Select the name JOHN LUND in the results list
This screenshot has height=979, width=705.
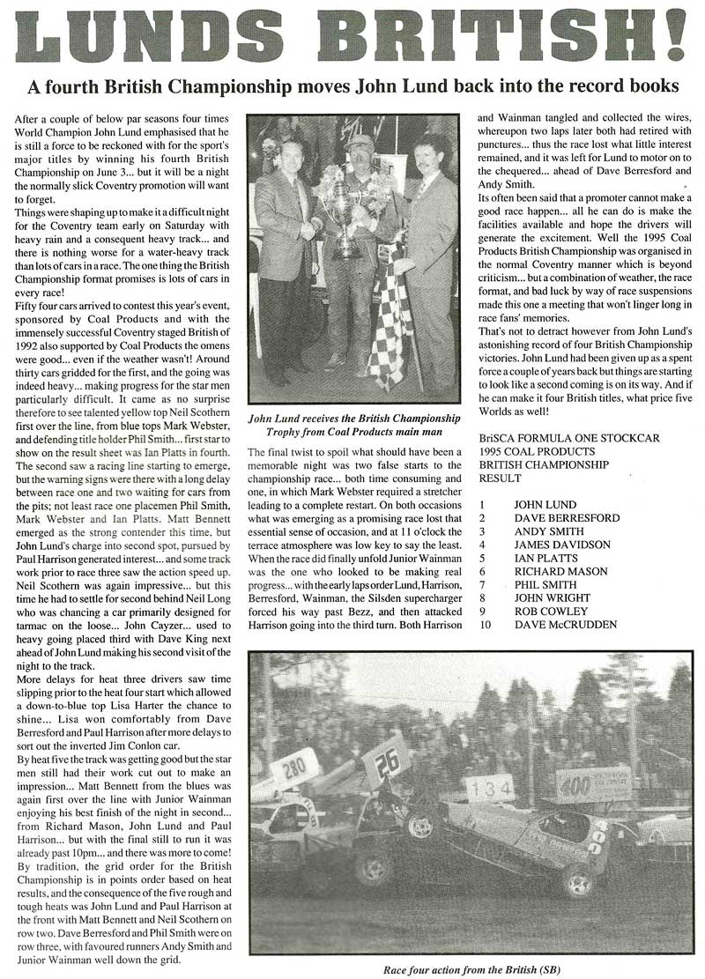(x=544, y=505)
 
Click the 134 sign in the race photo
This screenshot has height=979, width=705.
(x=490, y=788)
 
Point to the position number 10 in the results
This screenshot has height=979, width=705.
(x=485, y=625)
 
